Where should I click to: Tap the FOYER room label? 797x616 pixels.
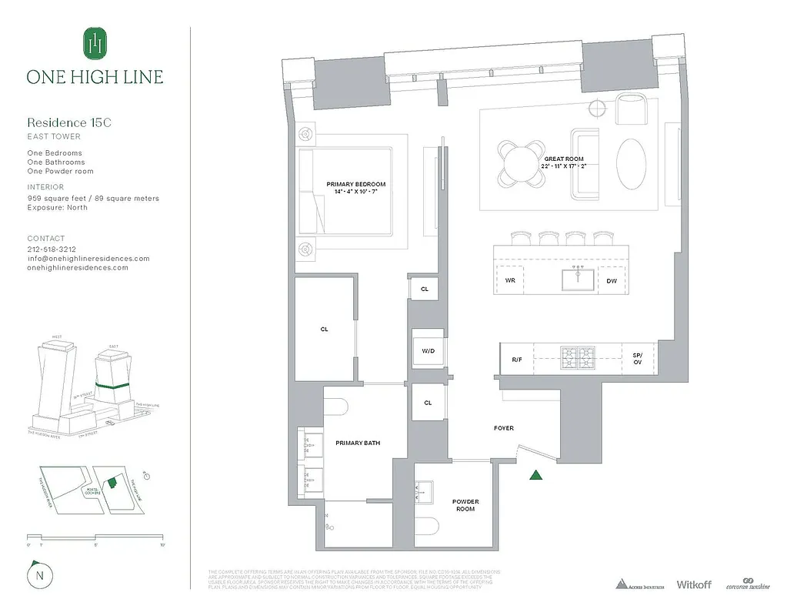pos(504,428)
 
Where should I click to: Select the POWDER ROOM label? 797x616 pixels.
pos(465,506)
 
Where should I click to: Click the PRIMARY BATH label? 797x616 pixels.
pos(358,443)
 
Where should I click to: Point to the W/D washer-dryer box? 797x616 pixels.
pos(428,352)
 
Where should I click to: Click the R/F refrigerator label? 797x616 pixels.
pos(517,360)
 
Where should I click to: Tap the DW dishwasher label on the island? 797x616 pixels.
pos(612,281)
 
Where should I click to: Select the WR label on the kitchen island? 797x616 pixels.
pos(510,281)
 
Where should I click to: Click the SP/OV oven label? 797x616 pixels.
pos(637,359)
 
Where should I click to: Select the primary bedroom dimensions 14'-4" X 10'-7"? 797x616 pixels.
pos(355,192)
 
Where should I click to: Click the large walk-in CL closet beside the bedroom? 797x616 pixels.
pos(324,329)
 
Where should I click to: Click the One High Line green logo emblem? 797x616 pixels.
pos(95,44)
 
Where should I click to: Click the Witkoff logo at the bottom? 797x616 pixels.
pos(695,585)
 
